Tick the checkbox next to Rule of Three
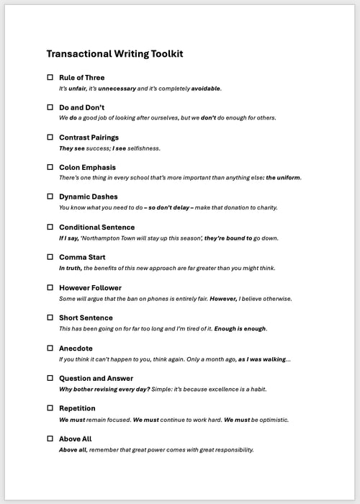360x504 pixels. [x=50, y=77]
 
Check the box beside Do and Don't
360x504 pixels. [x=50, y=107]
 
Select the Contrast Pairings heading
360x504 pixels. [x=89, y=138]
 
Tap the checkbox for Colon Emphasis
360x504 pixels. [x=50, y=167]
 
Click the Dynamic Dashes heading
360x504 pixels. [x=88, y=197]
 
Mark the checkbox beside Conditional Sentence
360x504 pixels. [x=50, y=227]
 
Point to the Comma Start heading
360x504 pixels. [x=83, y=257]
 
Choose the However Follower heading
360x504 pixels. [x=90, y=287]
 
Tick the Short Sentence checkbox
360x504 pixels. [x=50, y=318]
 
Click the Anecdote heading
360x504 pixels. [x=76, y=348]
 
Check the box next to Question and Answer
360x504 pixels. [x=50, y=378]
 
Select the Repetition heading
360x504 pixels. [x=78, y=408]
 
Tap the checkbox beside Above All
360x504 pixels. [x=50, y=438]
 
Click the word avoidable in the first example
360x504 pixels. [x=205, y=89]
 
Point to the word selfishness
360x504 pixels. [x=143, y=148]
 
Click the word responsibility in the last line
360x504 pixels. [x=230, y=450]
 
